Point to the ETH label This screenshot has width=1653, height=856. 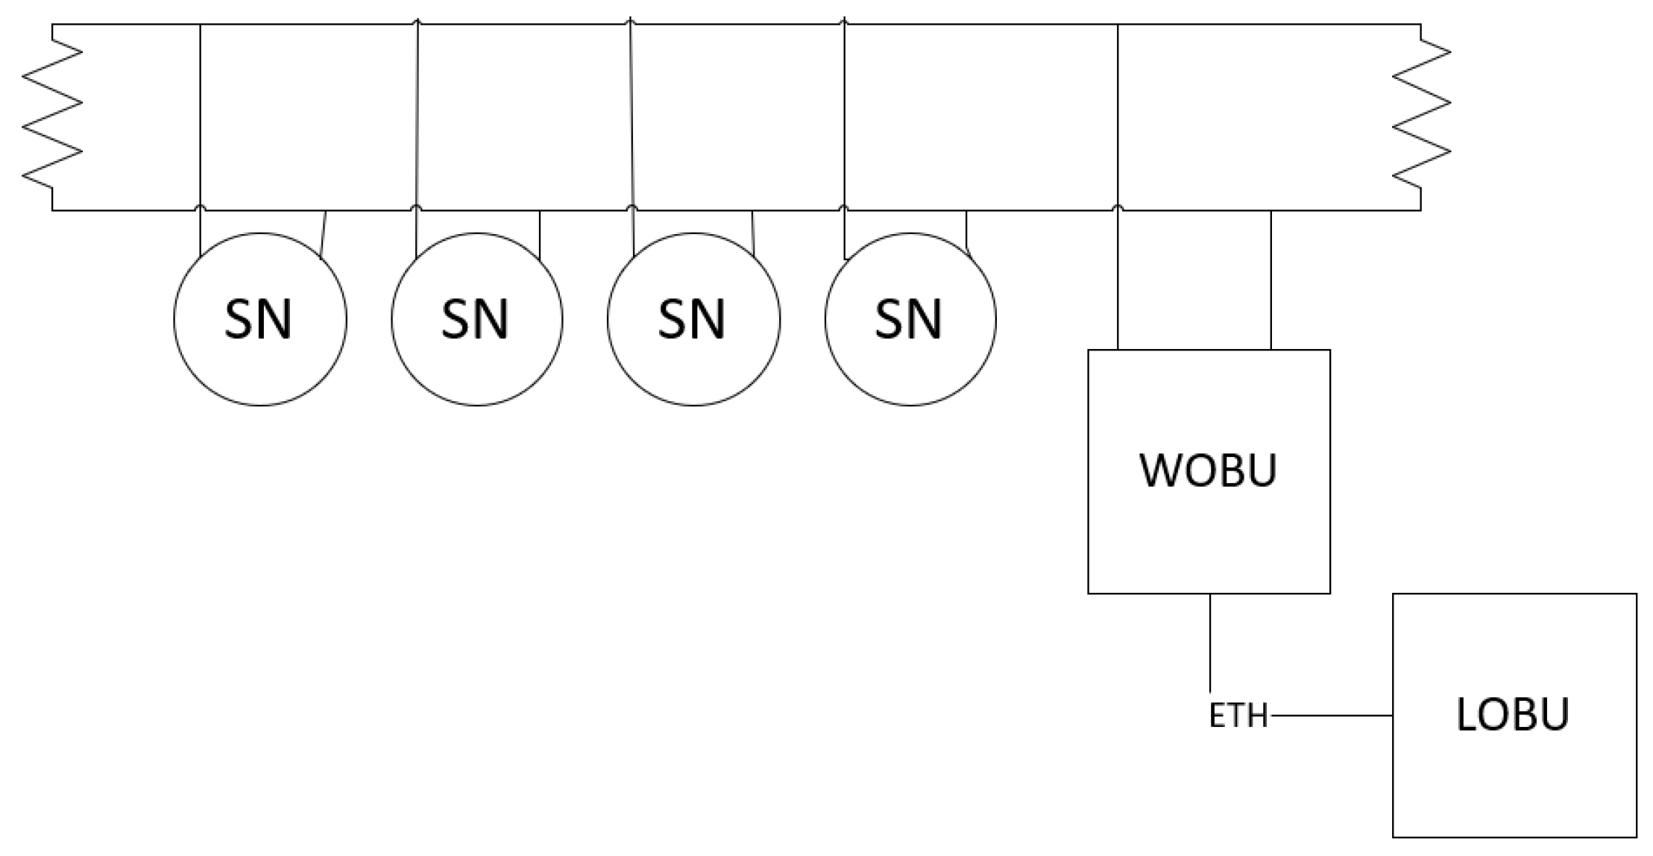click(x=1238, y=716)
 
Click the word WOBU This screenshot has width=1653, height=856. click(x=1209, y=470)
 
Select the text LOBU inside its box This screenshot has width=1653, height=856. click(x=1513, y=714)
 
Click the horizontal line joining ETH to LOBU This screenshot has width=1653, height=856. click(x=1331, y=716)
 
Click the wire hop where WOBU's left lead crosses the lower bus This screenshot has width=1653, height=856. click(x=1118, y=207)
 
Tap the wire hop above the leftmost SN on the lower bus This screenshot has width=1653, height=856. click(x=201, y=207)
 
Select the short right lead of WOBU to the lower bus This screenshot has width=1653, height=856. click(x=1271, y=280)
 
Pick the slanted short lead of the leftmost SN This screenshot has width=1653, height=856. click(x=323, y=235)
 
